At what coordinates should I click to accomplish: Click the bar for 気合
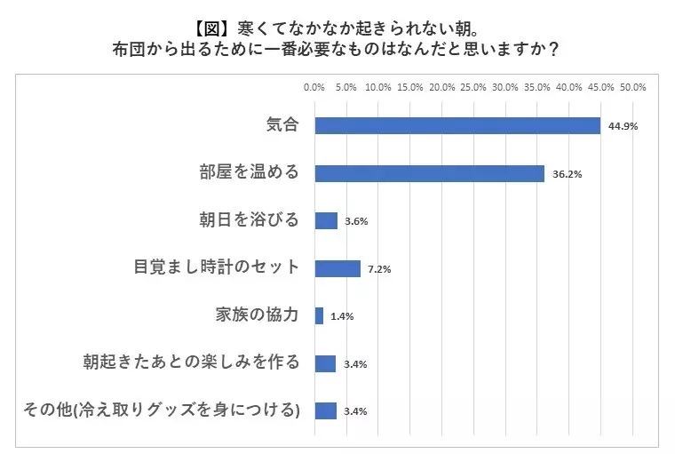click(457, 126)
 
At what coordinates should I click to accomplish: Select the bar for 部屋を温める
click(430, 173)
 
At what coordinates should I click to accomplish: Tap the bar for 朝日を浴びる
click(326, 221)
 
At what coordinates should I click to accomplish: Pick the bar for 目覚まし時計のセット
click(337, 269)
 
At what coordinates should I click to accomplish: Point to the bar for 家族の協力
click(320, 315)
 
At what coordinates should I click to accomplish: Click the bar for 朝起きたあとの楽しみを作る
click(325, 363)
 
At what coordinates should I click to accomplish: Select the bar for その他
click(326, 411)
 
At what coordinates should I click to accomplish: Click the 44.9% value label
click(623, 126)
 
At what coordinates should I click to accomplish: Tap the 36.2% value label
click(568, 174)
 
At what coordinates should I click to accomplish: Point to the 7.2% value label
click(379, 269)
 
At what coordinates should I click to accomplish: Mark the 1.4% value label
click(342, 316)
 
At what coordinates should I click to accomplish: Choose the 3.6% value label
click(356, 221)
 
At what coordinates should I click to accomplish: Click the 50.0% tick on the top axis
click(632, 87)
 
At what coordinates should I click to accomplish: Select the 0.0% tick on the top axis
click(314, 87)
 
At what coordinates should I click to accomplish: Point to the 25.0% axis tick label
click(473, 87)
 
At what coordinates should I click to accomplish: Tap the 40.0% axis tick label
click(569, 87)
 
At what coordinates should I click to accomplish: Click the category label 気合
click(282, 125)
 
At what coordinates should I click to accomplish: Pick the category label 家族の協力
click(257, 315)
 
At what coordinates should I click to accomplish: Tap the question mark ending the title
click(554, 49)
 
